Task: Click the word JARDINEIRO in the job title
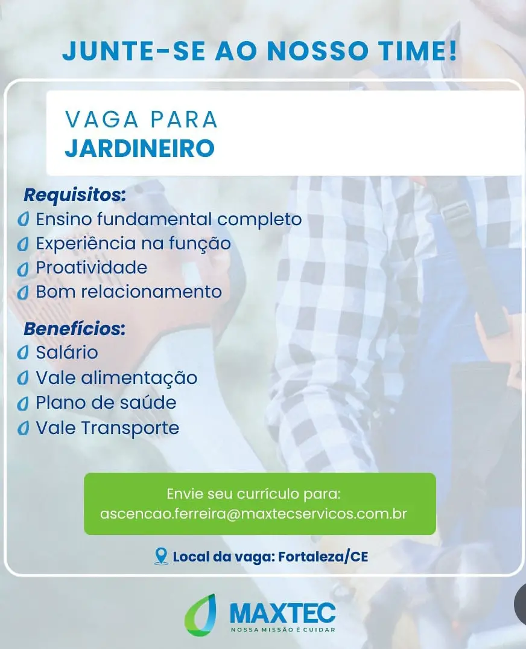click(x=140, y=148)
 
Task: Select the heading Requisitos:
click(x=75, y=195)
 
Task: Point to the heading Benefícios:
click(x=75, y=328)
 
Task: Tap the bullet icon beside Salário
click(x=23, y=353)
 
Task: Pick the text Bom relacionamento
click(x=129, y=292)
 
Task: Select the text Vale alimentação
click(x=116, y=378)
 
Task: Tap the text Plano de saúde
click(x=106, y=402)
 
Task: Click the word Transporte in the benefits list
click(x=130, y=429)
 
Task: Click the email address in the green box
click(x=253, y=514)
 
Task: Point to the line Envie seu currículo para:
click(x=253, y=494)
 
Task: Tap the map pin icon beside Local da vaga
click(x=161, y=556)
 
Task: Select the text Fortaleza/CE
click(x=323, y=557)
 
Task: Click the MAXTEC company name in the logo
click(x=282, y=613)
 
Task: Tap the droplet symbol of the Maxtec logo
click(x=201, y=615)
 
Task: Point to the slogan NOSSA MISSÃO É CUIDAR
click(x=283, y=630)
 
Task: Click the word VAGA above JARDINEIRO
click(x=102, y=120)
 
